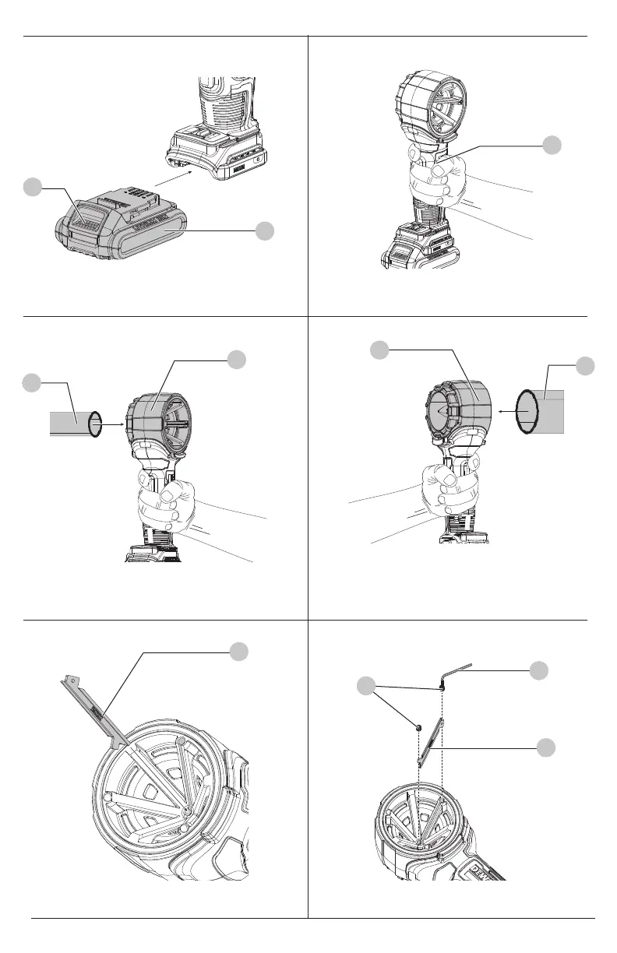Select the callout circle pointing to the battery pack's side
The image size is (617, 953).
click(x=265, y=230)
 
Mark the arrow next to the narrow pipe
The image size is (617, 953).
click(x=113, y=424)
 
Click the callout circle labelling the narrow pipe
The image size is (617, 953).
click(x=31, y=382)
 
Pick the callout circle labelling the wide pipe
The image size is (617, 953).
click(x=585, y=365)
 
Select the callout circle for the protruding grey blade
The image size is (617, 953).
click(x=240, y=653)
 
